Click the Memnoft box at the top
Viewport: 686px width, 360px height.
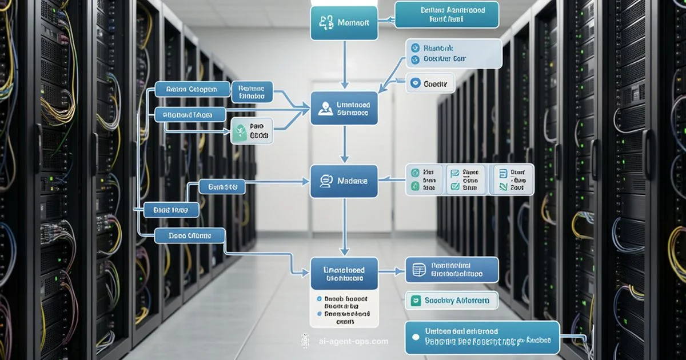coord(344,23)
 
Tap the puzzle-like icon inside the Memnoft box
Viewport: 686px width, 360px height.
coord(327,23)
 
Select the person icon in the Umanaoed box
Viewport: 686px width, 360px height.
coord(325,108)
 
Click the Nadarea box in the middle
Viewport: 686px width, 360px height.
coord(344,181)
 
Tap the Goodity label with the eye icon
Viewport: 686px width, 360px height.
coord(430,83)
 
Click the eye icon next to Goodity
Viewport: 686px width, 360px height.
coord(416,83)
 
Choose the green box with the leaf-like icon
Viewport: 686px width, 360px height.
coord(251,131)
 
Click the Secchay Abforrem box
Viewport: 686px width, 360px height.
coord(450,301)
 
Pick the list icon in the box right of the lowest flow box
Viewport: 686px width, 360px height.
coord(418,269)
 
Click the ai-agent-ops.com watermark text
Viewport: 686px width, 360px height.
coord(353,342)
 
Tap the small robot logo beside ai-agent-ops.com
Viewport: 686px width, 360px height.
coord(305,341)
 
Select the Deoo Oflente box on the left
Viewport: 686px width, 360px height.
coord(189,235)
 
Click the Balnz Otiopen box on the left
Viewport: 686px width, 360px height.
coord(192,89)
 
